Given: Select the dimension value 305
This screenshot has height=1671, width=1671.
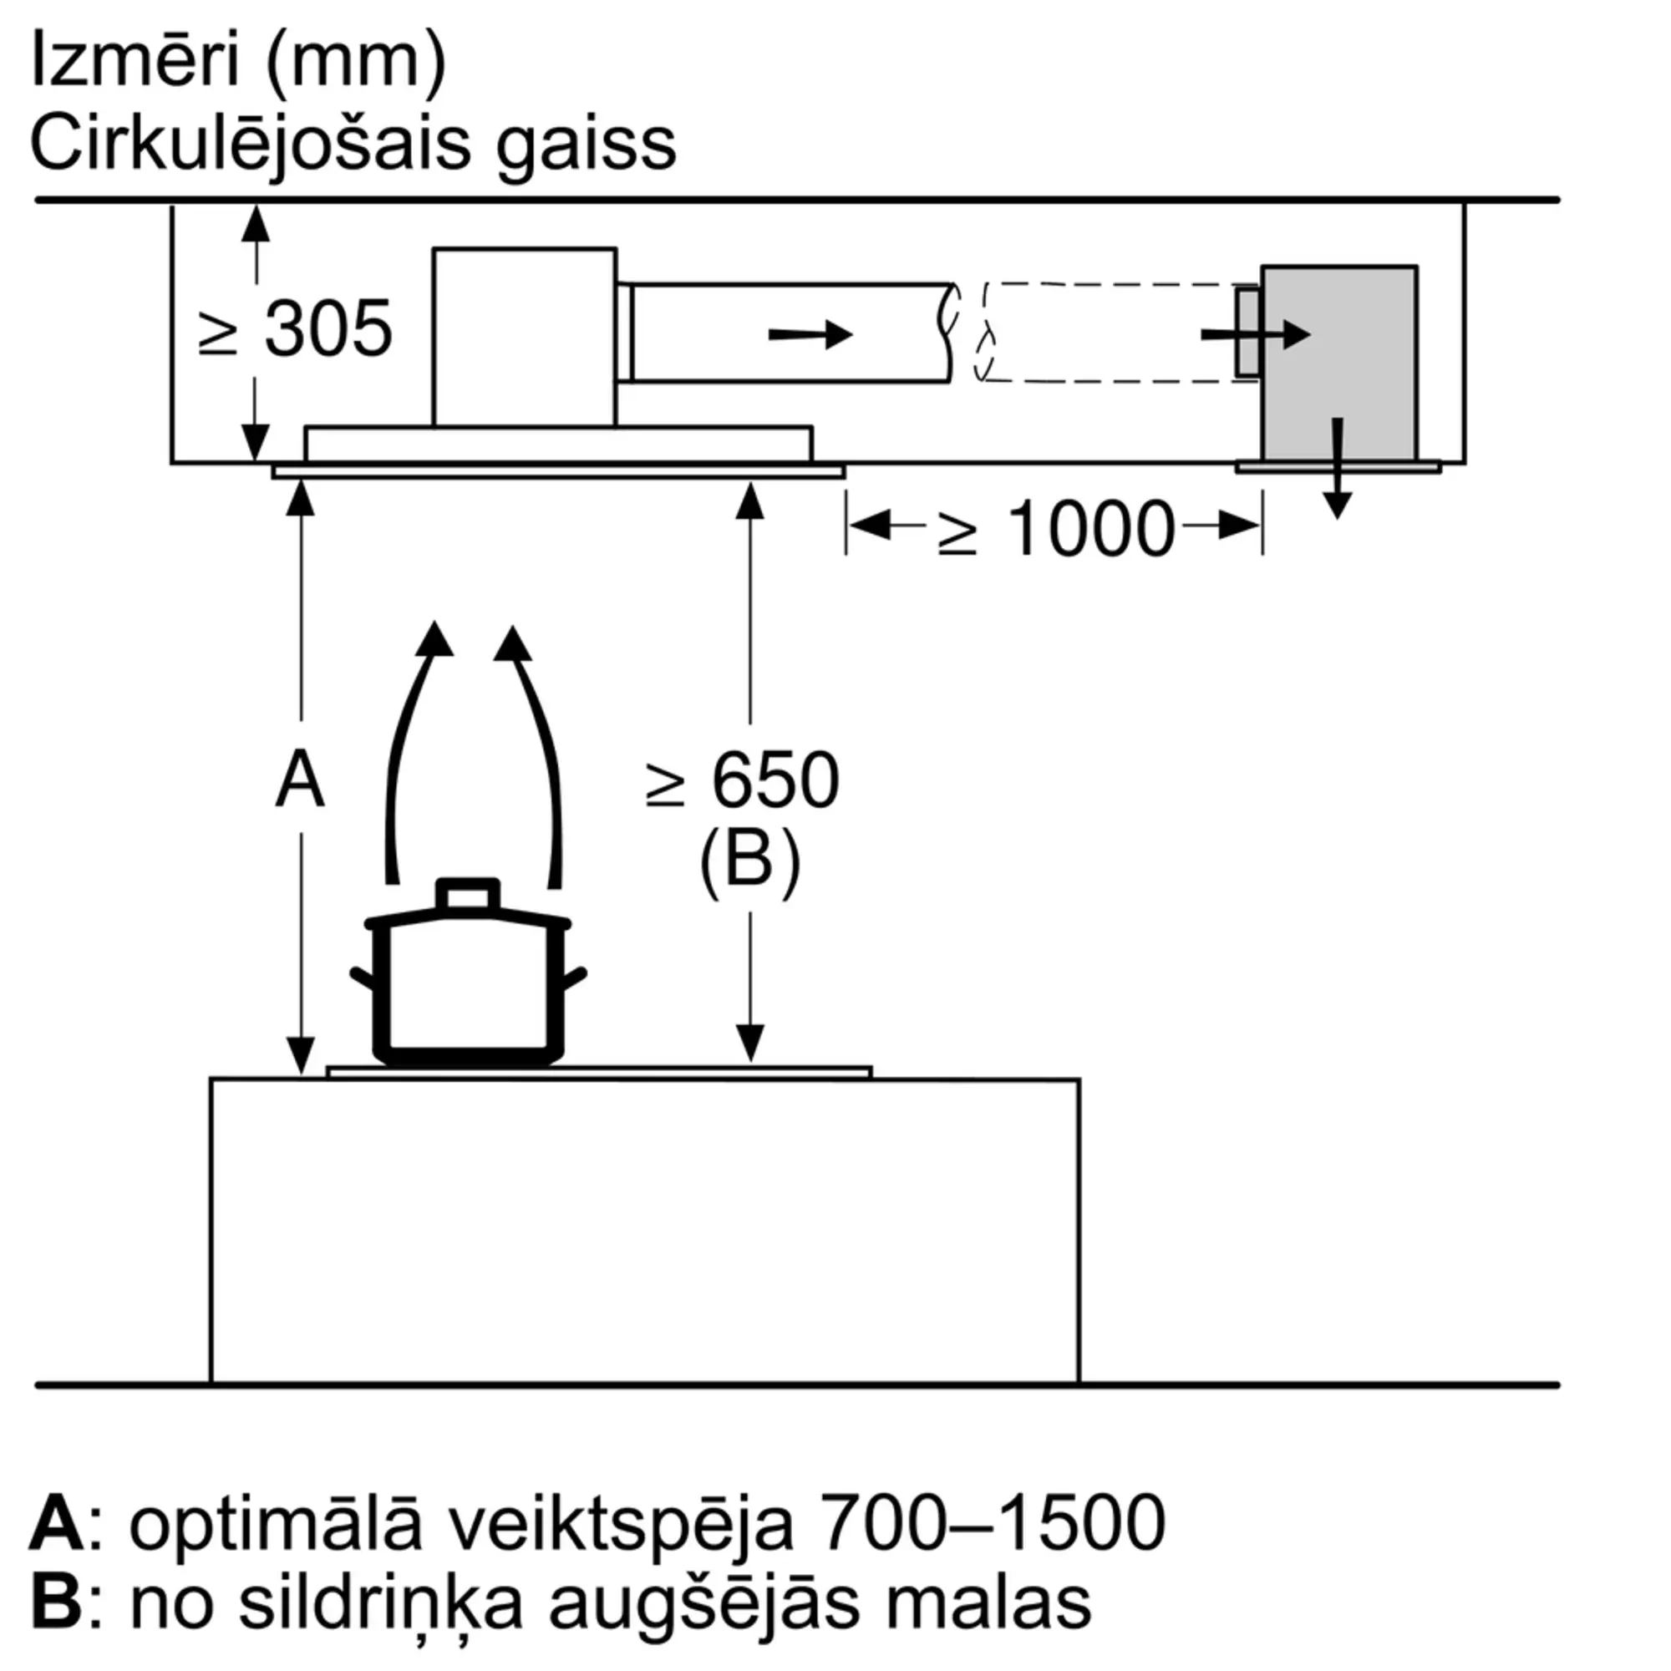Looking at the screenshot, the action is click(328, 329).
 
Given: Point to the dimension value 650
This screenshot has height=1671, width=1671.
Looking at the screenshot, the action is click(775, 781).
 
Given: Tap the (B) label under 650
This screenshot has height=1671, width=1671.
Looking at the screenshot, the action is click(749, 861).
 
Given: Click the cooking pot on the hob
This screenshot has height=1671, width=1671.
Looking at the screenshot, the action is click(468, 986).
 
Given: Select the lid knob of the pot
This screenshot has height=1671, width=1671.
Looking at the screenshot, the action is click(468, 894).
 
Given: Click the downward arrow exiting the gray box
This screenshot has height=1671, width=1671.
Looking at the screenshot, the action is click(1338, 471).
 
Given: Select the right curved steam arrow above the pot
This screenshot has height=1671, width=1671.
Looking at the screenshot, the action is click(536, 744).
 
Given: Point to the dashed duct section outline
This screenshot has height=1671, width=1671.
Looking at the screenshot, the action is click(1115, 333).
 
